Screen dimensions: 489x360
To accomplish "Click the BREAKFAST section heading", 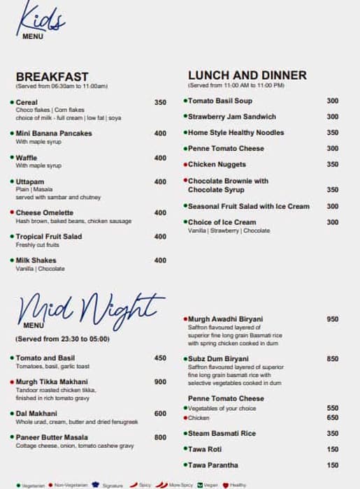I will [52, 77].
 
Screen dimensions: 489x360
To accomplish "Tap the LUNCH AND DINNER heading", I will [247, 75].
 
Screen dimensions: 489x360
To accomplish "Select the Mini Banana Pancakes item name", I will [54, 133].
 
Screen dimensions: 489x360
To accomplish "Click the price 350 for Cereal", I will [160, 103].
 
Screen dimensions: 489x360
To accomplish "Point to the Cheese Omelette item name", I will [44, 213].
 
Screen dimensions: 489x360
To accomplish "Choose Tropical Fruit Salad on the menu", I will [48, 237].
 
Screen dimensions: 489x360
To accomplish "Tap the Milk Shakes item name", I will [36, 261].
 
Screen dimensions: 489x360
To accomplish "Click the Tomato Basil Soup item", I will [220, 101].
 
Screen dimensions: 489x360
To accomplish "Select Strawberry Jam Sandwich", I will [232, 117].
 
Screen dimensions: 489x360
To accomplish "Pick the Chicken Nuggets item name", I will [217, 165].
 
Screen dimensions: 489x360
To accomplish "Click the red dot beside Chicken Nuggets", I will [185, 165].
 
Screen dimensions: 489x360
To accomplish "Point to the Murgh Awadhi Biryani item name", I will [226, 319].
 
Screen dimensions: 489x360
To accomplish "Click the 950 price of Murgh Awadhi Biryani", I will [332, 319].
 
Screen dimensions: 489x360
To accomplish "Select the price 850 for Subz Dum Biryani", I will [332, 359].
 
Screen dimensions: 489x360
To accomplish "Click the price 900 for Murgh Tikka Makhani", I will [160, 382].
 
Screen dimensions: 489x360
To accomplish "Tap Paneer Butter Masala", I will [52, 438].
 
